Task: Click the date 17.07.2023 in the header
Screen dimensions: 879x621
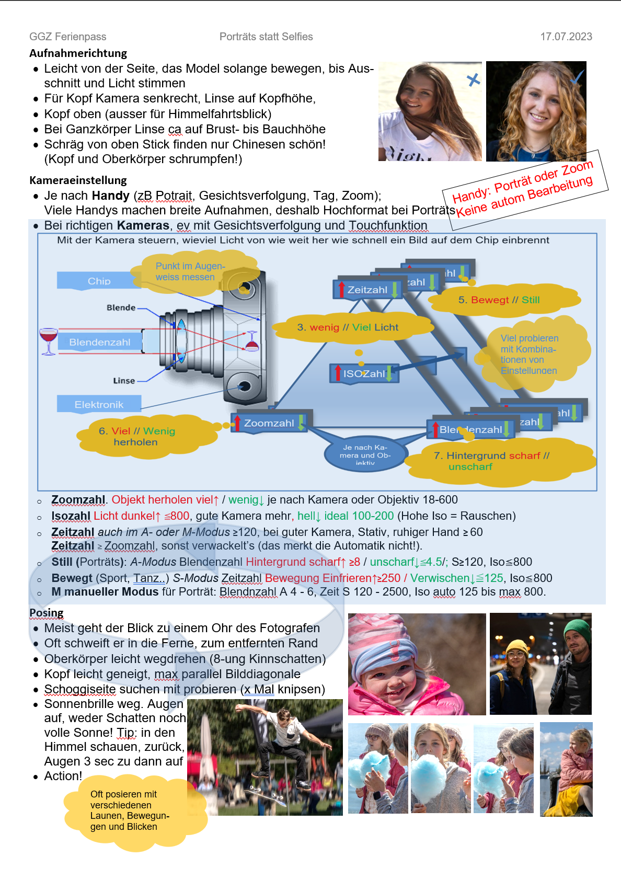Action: [x=566, y=37]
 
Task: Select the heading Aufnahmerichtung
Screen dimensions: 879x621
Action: [x=78, y=53]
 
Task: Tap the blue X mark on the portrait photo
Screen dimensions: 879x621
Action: [x=473, y=80]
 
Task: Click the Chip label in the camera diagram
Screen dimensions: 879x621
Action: [x=99, y=281]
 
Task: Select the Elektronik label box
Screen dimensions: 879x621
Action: [x=99, y=404]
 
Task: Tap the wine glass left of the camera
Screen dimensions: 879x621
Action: [x=49, y=340]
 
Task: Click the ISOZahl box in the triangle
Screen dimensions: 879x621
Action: [x=364, y=373]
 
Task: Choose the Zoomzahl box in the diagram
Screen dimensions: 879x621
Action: [x=269, y=423]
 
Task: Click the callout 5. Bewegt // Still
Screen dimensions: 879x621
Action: [x=499, y=300]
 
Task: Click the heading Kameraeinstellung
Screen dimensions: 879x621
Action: [x=78, y=180]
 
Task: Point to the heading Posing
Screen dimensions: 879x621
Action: [x=47, y=613]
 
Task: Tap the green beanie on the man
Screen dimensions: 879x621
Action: [x=577, y=629]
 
